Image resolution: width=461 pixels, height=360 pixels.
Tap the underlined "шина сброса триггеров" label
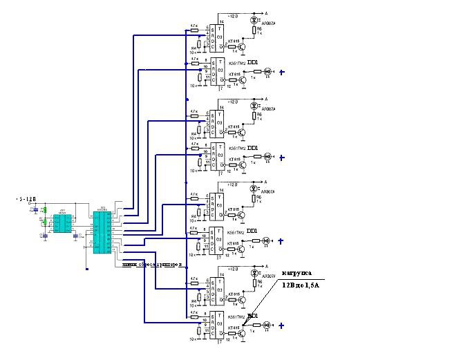pyautogui.click(x=151, y=264)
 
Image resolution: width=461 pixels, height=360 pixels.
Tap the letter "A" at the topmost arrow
pyautogui.click(x=267, y=12)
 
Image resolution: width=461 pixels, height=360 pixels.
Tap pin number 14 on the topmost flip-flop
pyautogui.click(x=222, y=22)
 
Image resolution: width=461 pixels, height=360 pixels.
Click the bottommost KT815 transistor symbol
pyautogui.click(x=242, y=334)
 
